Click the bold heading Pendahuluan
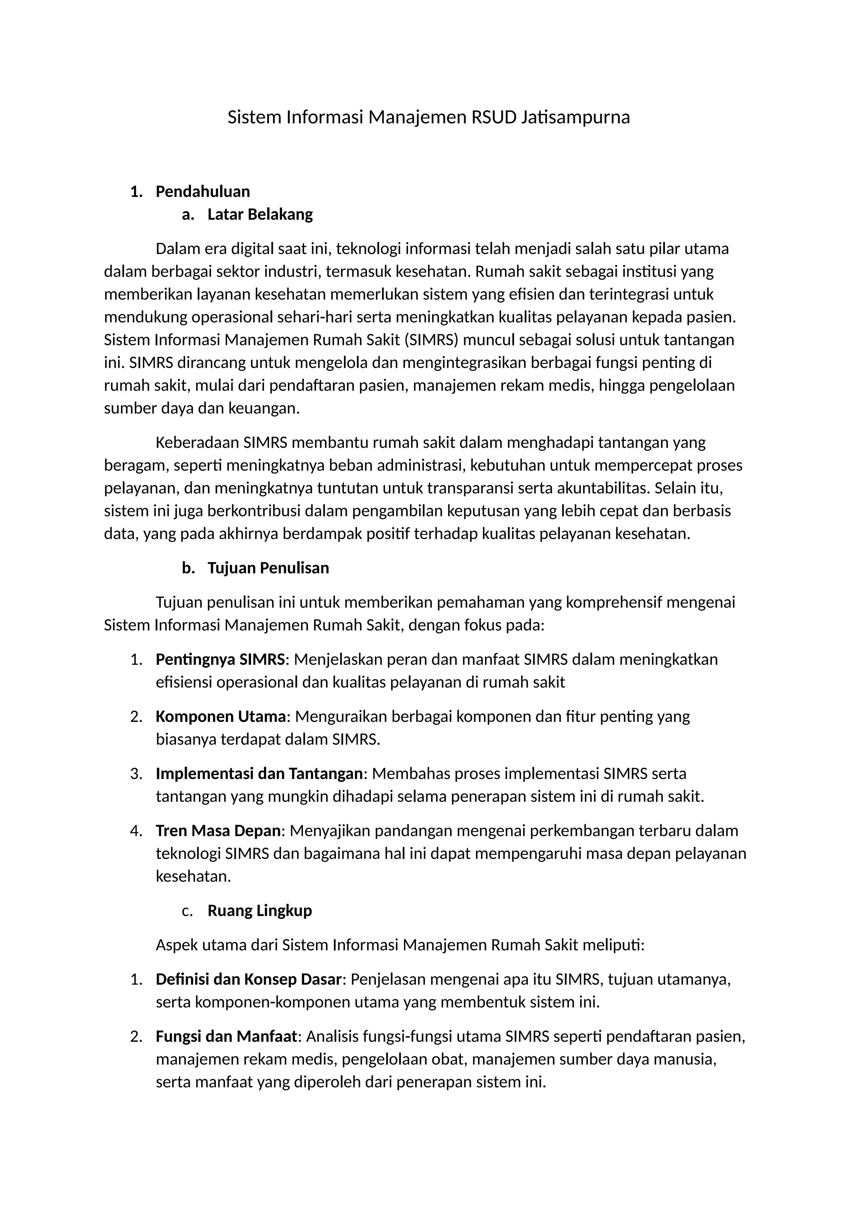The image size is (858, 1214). [x=202, y=192]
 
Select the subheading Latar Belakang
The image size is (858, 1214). [x=260, y=214]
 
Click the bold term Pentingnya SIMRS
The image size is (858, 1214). [x=220, y=659]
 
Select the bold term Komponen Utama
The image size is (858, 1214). [x=220, y=716]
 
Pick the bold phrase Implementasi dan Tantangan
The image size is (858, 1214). [x=259, y=773]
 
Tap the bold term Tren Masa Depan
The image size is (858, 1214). [x=218, y=831]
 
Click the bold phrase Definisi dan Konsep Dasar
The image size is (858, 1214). [x=248, y=979]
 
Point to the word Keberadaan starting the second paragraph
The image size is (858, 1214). [x=197, y=442]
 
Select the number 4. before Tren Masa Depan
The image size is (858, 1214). [x=136, y=831]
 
